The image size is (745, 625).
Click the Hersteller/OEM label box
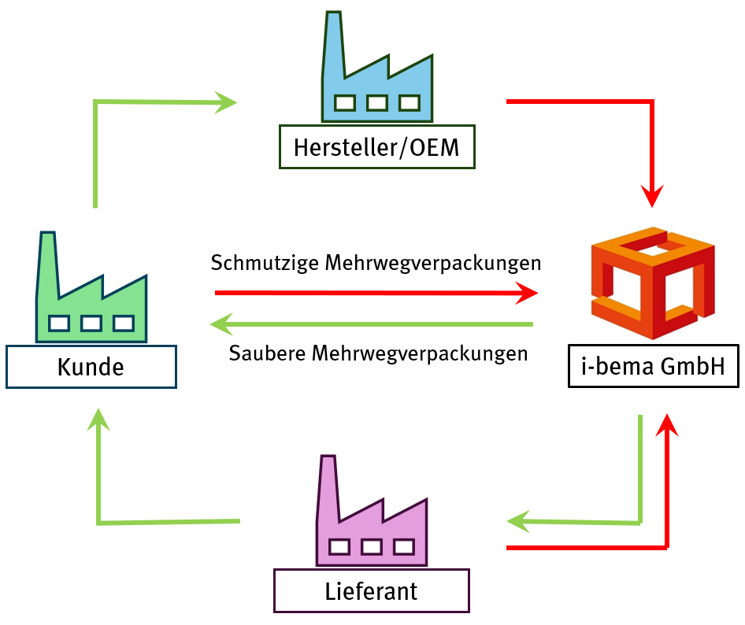[376, 146]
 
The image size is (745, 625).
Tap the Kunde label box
[91, 366]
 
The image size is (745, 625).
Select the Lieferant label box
[371, 590]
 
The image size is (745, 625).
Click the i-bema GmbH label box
[653, 365]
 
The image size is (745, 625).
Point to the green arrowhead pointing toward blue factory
[226, 102]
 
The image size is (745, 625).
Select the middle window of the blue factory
[377, 102]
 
